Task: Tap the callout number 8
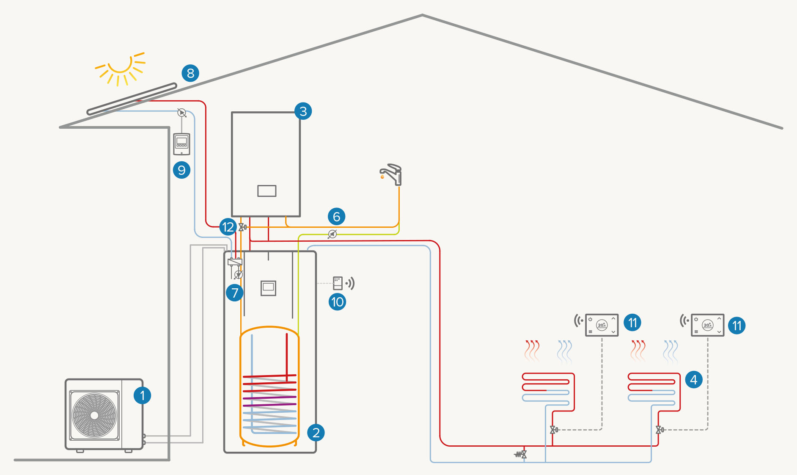click(x=190, y=73)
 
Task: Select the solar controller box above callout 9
click(x=181, y=144)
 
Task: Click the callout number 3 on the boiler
click(x=303, y=111)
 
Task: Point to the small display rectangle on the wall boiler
click(x=267, y=191)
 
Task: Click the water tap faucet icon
click(x=392, y=174)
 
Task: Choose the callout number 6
click(x=336, y=217)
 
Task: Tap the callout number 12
click(x=228, y=227)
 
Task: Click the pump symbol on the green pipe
click(x=333, y=234)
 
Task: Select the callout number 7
click(x=234, y=293)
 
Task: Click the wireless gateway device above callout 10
click(x=338, y=283)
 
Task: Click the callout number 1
click(x=142, y=395)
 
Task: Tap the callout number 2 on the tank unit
click(x=316, y=433)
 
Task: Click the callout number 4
click(x=693, y=380)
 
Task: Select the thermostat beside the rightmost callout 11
click(x=707, y=325)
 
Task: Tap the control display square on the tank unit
click(x=268, y=288)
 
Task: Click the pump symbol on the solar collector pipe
click(x=181, y=113)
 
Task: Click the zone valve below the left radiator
click(x=553, y=430)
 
